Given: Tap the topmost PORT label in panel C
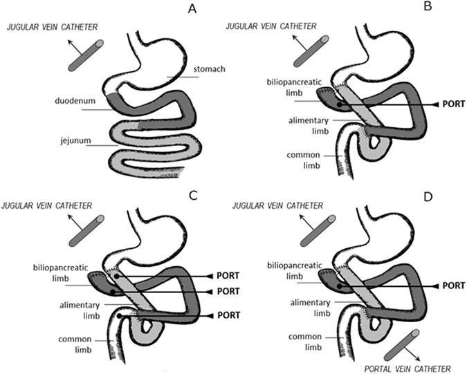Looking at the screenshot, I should (x=217, y=275).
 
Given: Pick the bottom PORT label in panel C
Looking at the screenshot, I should (x=217, y=315).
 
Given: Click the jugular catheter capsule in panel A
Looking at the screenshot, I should (x=86, y=55).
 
